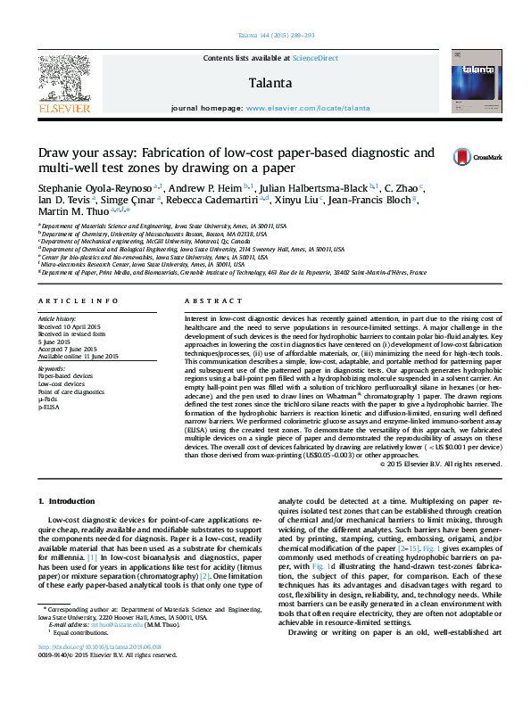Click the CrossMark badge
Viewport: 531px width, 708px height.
coord(479,156)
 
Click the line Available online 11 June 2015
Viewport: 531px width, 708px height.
coord(78,355)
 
